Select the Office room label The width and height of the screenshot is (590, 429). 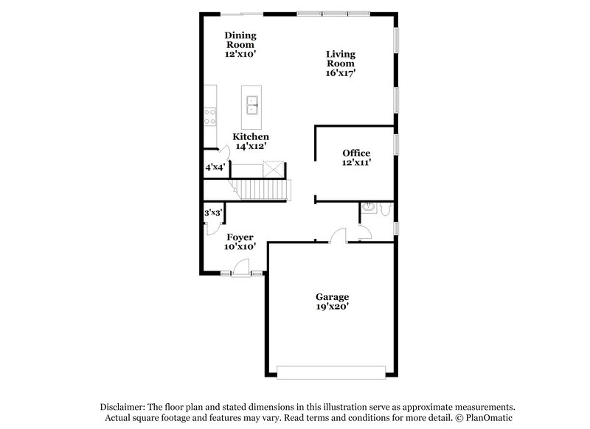tap(356, 153)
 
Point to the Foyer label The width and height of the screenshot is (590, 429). tap(240, 237)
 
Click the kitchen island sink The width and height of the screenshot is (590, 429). tap(251, 105)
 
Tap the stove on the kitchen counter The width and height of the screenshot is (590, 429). tap(210, 116)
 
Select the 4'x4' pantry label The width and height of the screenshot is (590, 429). tap(215, 167)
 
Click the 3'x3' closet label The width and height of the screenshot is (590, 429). tap(213, 212)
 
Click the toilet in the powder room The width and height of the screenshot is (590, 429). tap(385, 211)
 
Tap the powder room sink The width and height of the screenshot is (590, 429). tap(367, 207)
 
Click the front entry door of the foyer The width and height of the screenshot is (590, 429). tap(240, 271)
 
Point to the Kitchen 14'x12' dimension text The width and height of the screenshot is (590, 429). tap(251, 147)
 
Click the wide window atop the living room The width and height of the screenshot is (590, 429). tap(333, 13)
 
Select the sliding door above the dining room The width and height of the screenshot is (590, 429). tap(243, 13)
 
